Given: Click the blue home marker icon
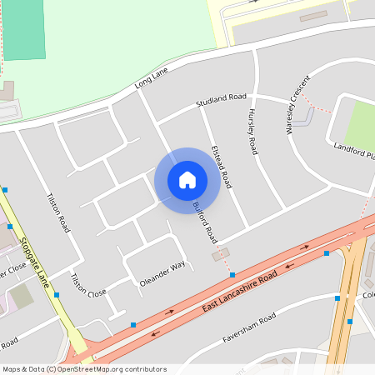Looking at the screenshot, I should [x=187, y=180].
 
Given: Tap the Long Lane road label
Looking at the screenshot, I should [x=151, y=79].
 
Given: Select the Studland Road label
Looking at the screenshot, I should [x=222, y=101].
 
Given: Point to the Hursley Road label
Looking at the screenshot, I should [x=251, y=132].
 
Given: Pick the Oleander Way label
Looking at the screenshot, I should [x=162, y=274].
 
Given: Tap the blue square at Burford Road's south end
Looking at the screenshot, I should [x=232, y=274].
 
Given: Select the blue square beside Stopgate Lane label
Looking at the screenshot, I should [x=57, y=294].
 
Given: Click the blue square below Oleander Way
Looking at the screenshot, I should [x=133, y=324].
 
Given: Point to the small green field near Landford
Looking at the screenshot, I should [x=360, y=125].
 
